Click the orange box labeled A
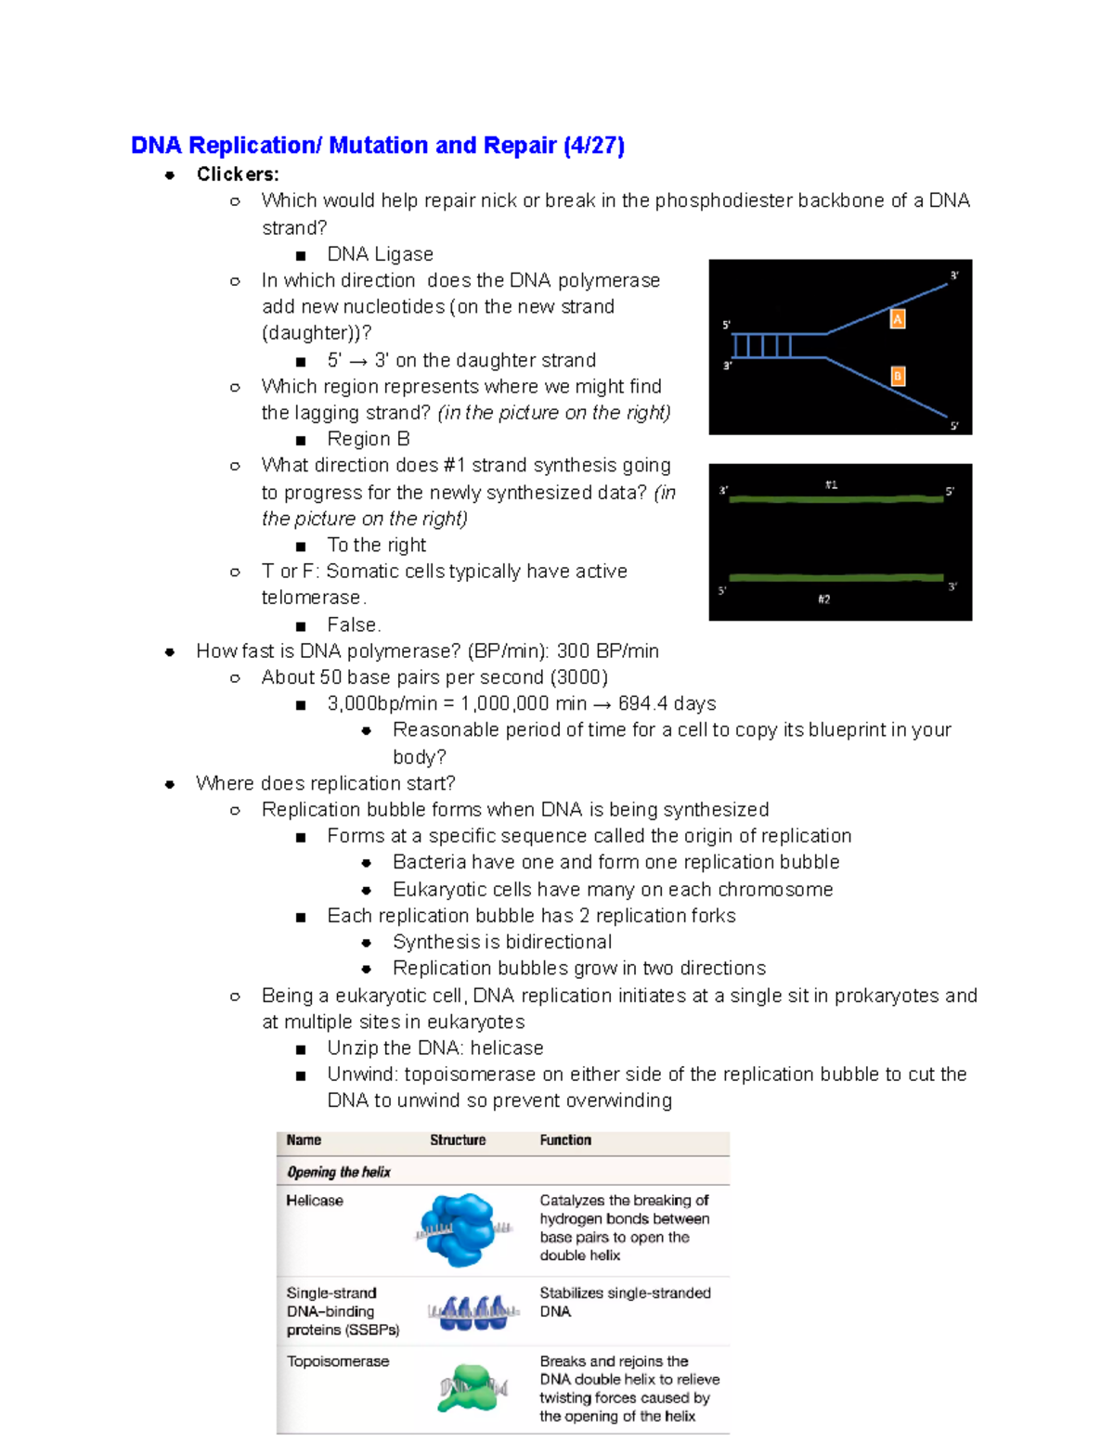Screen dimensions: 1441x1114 click(x=898, y=319)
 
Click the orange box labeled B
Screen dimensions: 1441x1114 click(x=898, y=376)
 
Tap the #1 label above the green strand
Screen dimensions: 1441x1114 click(x=832, y=484)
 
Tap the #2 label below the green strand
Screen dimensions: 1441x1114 click(x=824, y=599)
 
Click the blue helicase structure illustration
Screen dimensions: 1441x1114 click(x=460, y=1229)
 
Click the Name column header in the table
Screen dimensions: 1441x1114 click(x=304, y=1140)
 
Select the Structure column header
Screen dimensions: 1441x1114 click(x=458, y=1140)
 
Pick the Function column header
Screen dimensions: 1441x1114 click(x=565, y=1140)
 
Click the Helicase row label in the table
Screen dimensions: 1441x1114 click(x=315, y=1201)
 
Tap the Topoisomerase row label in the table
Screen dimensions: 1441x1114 click(x=338, y=1361)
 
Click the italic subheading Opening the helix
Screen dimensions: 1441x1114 click(x=339, y=1172)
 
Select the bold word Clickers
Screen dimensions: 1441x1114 click(x=237, y=174)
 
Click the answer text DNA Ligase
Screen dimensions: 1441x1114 click(x=380, y=254)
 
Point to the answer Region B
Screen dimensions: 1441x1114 click(x=368, y=439)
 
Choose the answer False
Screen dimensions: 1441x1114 click(x=354, y=625)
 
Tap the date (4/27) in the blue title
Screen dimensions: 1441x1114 click(x=594, y=146)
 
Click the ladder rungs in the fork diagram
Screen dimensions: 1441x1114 click(x=763, y=346)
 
